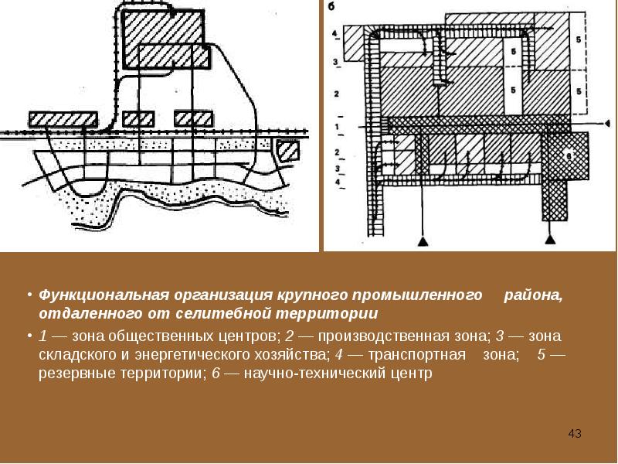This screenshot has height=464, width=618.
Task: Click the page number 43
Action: point(574,433)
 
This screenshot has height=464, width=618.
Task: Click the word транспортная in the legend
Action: point(422,355)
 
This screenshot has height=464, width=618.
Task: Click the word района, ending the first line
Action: point(535,297)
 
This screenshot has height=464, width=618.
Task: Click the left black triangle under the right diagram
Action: point(423,242)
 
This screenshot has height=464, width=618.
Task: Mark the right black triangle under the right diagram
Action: point(550,242)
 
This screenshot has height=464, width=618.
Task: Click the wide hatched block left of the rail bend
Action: point(63,119)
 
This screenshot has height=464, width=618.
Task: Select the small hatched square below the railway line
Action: point(288,149)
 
